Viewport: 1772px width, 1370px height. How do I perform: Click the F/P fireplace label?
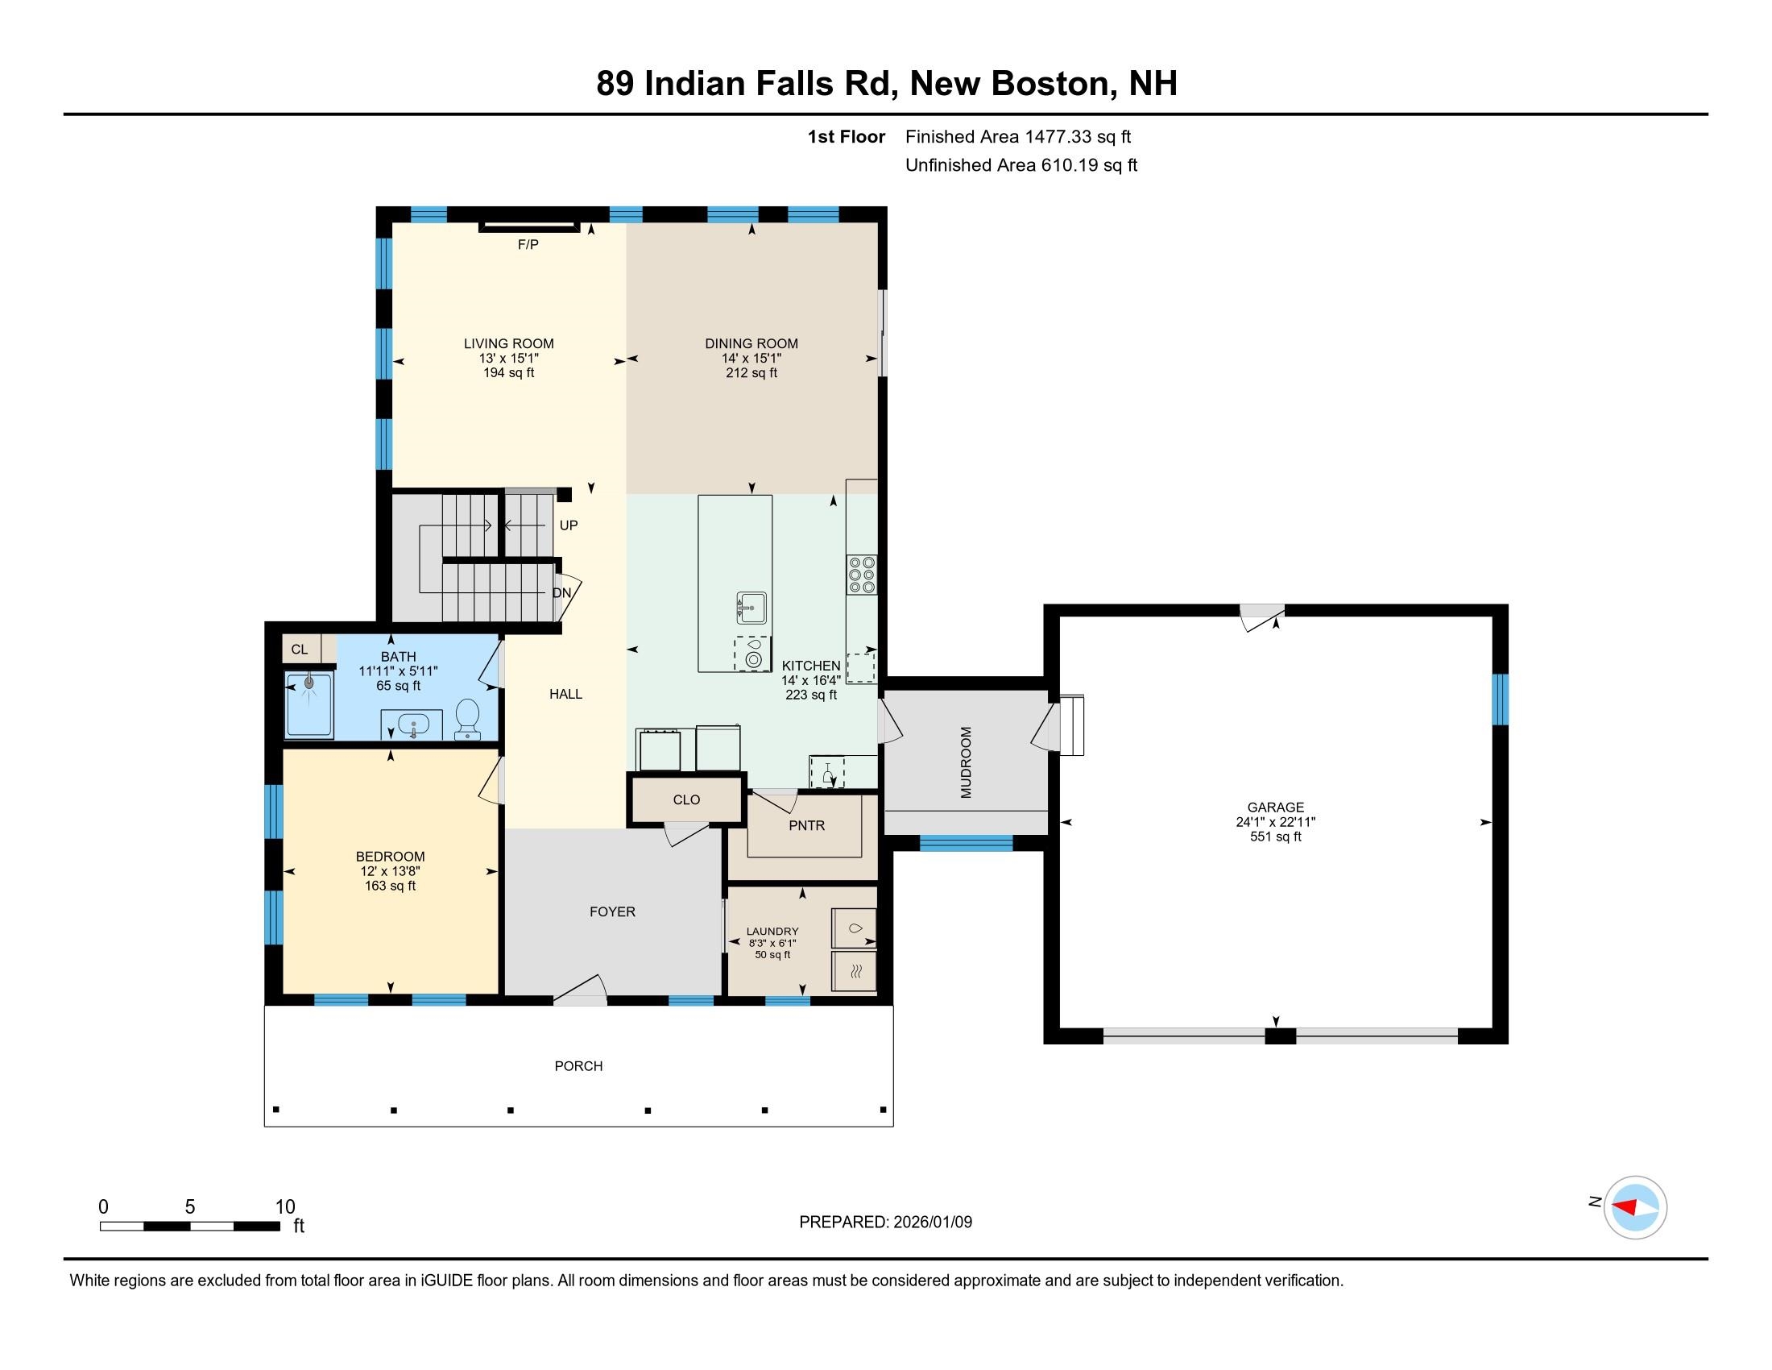[x=528, y=244]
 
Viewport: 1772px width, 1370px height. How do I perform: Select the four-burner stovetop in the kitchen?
[x=862, y=575]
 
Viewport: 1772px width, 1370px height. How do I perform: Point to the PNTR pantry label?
[x=806, y=825]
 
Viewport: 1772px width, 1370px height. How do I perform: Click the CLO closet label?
[x=686, y=799]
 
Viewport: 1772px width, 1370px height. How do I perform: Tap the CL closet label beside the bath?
[x=300, y=650]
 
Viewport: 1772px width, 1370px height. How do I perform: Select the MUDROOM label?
[x=966, y=763]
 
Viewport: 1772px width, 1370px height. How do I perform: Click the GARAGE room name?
[x=1276, y=807]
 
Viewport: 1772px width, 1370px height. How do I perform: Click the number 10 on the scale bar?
[x=285, y=1207]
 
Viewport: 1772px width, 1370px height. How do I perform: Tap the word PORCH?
[x=578, y=1065]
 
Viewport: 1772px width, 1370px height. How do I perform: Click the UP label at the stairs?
[x=569, y=525]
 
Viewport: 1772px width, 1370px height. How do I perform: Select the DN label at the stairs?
[x=561, y=592]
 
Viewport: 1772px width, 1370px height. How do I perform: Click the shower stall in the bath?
[x=309, y=705]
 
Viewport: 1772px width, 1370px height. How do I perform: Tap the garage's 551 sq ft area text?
[x=1276, y=836]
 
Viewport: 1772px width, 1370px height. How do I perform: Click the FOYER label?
[x=613, y=911]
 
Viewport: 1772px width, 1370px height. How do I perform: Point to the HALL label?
[x=565, y=694]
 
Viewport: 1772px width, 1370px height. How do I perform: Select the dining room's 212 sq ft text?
[x=751, y=372]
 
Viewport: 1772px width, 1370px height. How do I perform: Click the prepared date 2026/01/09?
[x=931, y=1223]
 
